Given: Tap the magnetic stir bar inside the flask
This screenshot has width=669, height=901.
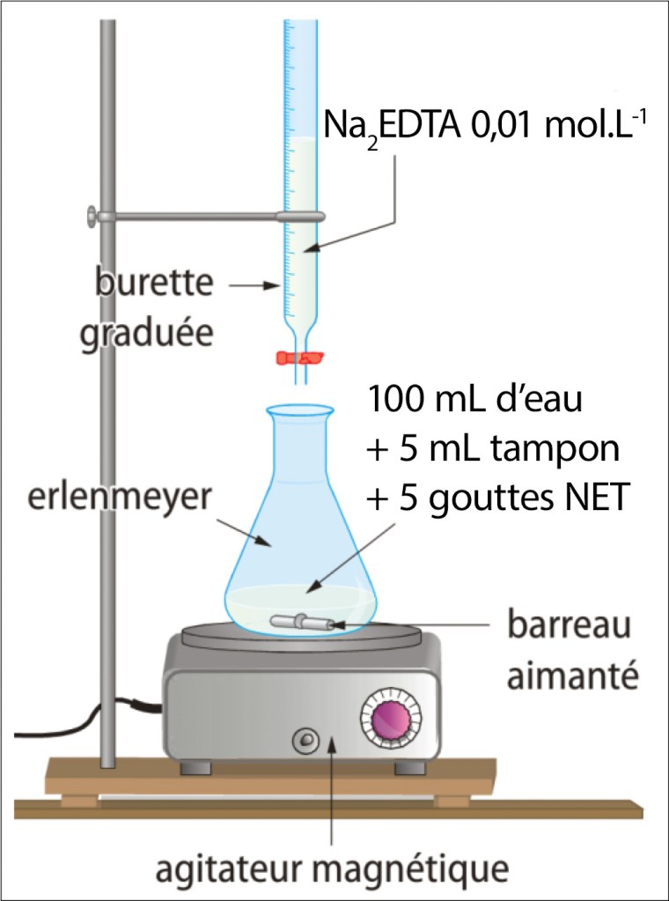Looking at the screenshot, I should pyautogui.click(x=300, y=622).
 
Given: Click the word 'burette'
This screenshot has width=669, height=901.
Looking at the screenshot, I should pyautogui.click(x=154, y=285).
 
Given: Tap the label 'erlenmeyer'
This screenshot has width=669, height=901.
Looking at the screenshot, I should pyautogui.click(x=114, y=498).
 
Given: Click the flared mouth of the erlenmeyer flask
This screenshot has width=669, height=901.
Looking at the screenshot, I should pyautogui.click(x=300, y=410).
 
